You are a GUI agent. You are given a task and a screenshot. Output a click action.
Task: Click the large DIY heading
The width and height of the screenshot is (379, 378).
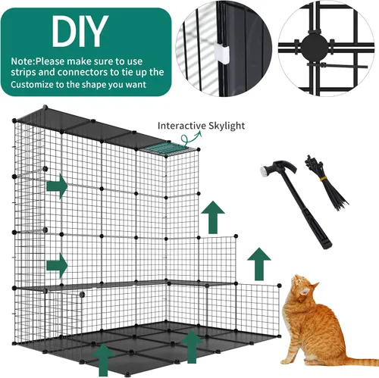click(80, 30)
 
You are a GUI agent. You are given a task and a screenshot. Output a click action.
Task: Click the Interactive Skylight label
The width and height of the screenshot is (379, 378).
click(200, 126)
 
